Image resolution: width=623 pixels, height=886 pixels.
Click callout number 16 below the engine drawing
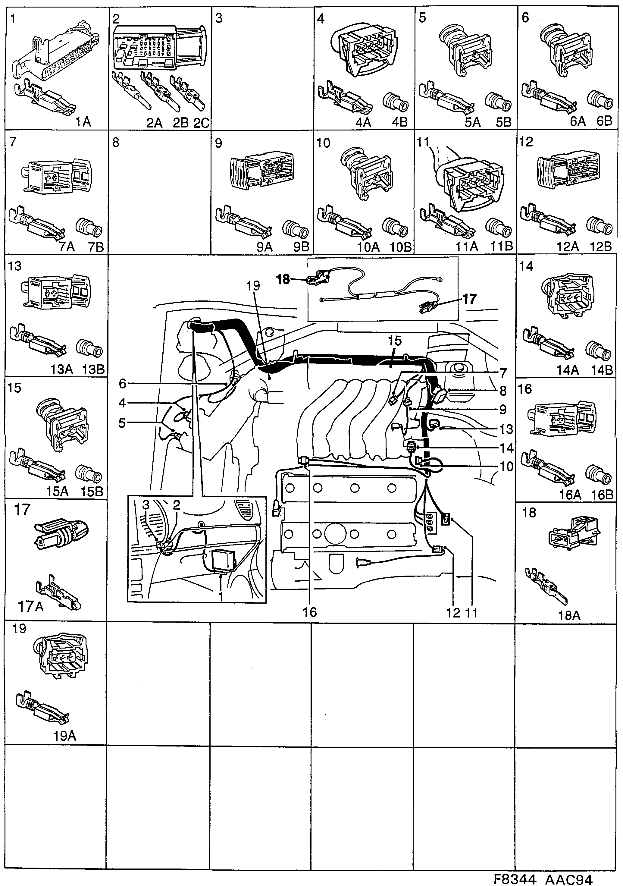pyautogui.click(x=310, y=612)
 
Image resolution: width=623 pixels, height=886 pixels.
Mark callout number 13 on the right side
pyautogui.click(x=506, y=429)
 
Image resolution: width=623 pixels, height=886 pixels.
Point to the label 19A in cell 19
pyautogui.click(x=64, y=736)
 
